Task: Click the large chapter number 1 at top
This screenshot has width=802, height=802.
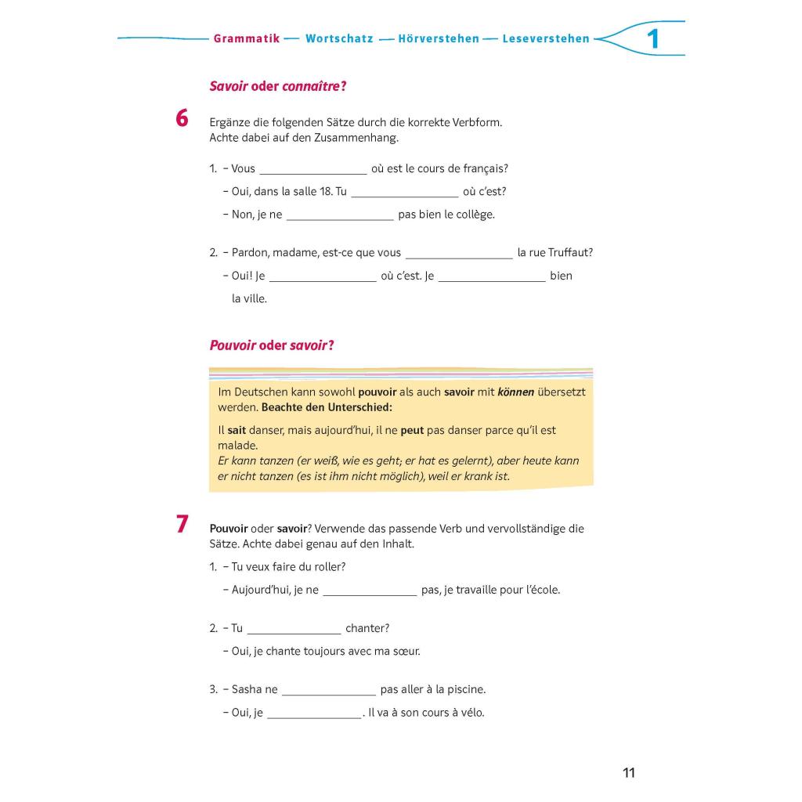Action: tap(652, 39)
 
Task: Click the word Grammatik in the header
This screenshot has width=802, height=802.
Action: tap(246, 38)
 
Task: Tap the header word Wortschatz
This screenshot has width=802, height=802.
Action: tap(339, 38)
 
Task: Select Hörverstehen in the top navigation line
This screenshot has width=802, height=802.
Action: tap(438, 38)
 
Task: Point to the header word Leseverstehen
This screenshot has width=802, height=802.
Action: tap(546, 38)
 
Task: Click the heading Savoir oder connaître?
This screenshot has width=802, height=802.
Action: tap(278, 86)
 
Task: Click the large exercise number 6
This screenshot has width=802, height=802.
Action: tap(182, 118)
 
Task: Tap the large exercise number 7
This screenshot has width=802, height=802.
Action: tap(182, 524)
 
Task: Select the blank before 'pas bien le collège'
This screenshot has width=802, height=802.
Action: tap(340, 215)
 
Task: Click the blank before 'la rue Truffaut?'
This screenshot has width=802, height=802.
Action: tap(459, 254)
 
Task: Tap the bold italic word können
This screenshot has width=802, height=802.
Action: tap(515, 392)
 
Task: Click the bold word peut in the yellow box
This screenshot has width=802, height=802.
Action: tap(412, 431)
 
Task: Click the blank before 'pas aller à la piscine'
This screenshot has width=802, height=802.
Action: tap(329, 691)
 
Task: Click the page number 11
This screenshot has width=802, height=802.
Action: tap(629, 773)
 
